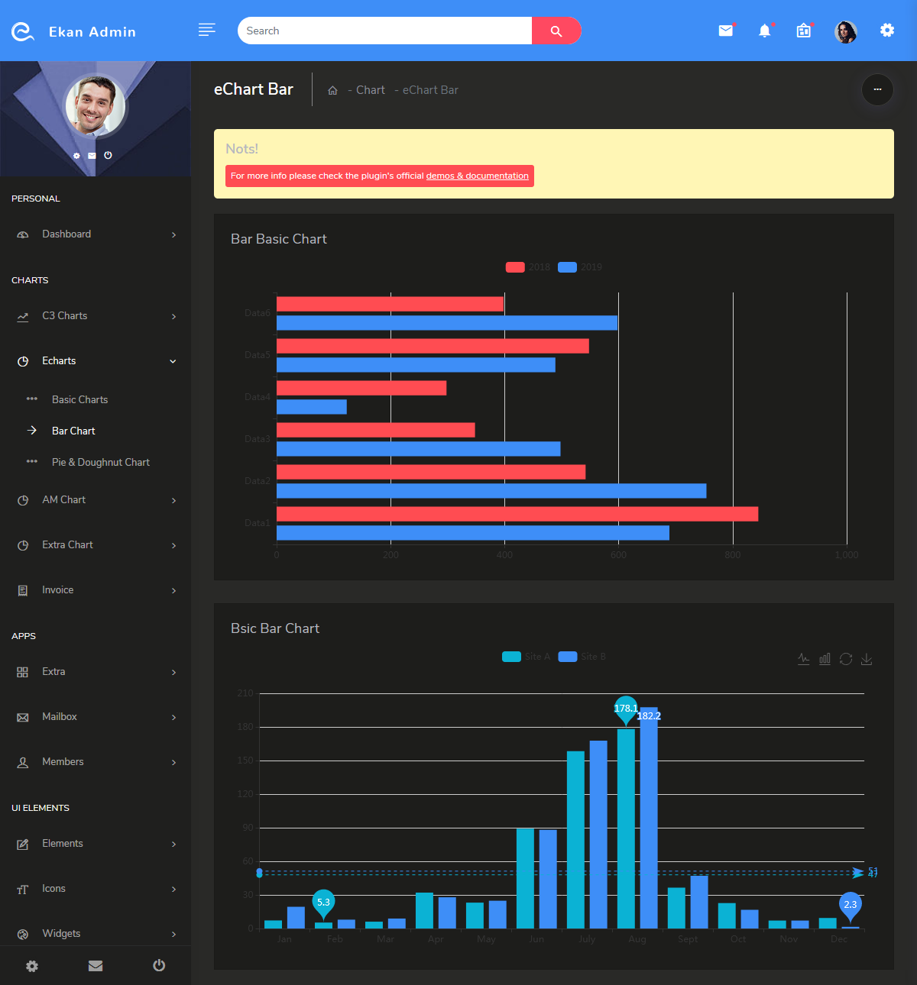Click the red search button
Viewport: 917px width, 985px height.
pos(556,31)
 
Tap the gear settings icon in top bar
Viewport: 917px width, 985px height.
pos(886,31)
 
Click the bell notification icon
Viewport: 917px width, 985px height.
pos(764,31)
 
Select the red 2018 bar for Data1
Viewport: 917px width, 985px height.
pos(517,514)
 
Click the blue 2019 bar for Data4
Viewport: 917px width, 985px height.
pos(311,407)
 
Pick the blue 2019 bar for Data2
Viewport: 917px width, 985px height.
pos(491,491)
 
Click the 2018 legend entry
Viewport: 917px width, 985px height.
pos(527,267)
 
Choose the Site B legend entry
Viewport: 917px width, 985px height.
pos(582,657)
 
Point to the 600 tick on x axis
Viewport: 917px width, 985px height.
pos(618,555)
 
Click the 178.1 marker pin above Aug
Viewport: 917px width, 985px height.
pos(625,708)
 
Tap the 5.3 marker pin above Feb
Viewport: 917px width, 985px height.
pos(323,903)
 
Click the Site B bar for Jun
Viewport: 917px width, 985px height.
pos(548,879)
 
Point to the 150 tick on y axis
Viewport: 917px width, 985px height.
pos(245,761)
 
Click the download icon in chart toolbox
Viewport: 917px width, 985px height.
pos(867,659)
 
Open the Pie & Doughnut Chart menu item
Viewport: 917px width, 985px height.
pos(100,462)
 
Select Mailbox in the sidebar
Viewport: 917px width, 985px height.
pos(60,716)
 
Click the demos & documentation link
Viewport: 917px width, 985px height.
pos(477,176)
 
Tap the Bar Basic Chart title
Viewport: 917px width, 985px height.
pos(278,239)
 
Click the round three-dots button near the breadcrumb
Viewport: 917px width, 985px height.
pos(877,89)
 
